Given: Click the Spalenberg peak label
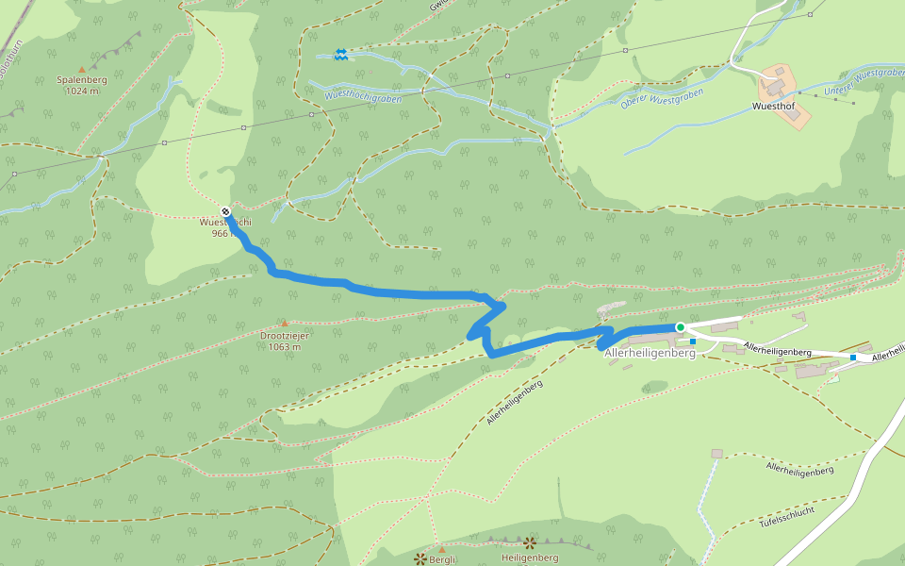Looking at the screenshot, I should coord(82,80).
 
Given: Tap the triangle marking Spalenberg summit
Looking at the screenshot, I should coord(82,69).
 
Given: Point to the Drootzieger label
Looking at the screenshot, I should coord(284,335).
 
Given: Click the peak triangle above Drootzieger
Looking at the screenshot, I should coord(284,323).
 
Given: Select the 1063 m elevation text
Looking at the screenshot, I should coord(284,346).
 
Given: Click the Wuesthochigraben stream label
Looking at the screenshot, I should coord(363,95).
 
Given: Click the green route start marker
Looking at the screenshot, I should coord(680,327).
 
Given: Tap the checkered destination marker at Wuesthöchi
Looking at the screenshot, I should coord(225,210).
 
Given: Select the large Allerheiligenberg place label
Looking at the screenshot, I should coord(650,353).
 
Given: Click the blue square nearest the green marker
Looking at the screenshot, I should coord(693,341).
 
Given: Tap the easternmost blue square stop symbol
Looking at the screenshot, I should coord(853,358).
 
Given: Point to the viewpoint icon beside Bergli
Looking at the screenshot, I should coord(420,558).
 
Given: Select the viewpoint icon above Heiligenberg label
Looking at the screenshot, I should coord(529,543).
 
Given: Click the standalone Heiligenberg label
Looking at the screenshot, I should coord(530,558).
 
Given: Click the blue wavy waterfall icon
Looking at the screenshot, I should coord(340,55).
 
